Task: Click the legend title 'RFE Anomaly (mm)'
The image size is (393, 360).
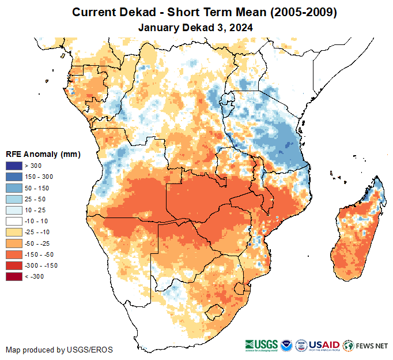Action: point(43,155)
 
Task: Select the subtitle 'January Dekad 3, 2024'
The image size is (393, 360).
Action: point(196,27)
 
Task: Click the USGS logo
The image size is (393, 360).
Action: point(261,345)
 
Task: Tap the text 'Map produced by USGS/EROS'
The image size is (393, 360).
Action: point(59,350)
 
